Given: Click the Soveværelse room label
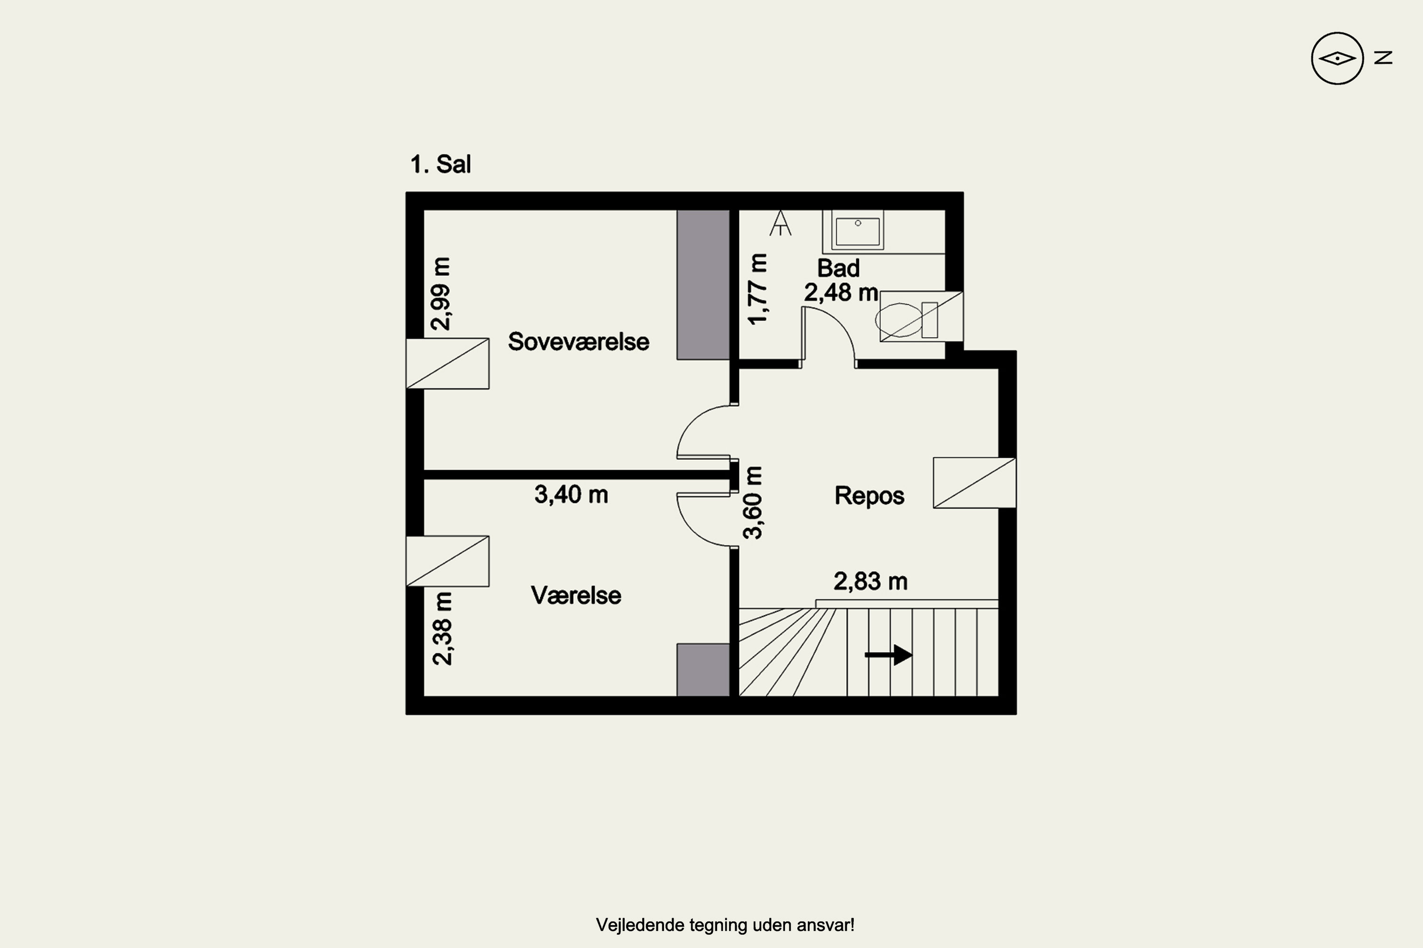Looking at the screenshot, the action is point(578,342).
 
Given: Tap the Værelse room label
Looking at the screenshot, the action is point(576,595).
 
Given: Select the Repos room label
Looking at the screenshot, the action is point(869,496).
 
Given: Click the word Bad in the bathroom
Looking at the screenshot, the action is point(838,268).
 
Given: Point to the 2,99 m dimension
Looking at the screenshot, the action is point(441,294).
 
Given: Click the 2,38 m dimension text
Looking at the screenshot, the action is point(442,629).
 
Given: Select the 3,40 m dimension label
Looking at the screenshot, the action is point(571,494).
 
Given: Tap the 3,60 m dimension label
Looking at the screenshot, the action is point(753,502).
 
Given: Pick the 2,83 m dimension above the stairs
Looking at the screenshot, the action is point(870,581).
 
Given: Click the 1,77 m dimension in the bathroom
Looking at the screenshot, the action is point(758,289).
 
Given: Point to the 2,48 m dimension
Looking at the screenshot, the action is point(841,292).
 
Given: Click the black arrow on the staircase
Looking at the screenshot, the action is point(888,655).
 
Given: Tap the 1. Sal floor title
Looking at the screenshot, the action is point(441,164).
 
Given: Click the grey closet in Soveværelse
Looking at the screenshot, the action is point(703,285).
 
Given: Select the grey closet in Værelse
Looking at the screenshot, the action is point(703,670).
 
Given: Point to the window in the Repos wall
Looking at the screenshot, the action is point(974,483).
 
